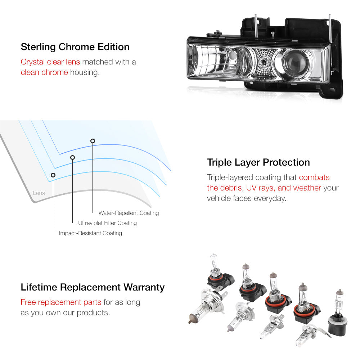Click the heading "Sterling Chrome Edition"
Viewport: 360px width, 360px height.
tap(75, 47)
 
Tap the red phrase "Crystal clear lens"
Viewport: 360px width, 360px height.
tap(50, 62)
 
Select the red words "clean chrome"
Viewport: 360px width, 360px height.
tap(44, 72)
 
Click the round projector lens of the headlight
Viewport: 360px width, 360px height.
tap(295, 62)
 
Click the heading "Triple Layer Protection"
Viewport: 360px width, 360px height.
tap(258, 162)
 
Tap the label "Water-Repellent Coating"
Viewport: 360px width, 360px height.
tap(129, 213)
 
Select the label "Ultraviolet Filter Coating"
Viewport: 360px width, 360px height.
tap(107, 223)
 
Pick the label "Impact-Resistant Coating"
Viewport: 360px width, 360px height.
tap(90, 233)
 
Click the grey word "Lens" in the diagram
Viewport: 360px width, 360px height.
tap(39, 193)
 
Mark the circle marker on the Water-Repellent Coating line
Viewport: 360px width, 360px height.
tap(93, 141)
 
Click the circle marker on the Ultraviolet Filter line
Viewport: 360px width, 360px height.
tap(73, 158)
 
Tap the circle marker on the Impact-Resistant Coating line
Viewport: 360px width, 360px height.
tap(53, 175)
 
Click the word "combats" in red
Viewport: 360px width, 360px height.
tap(314, 177)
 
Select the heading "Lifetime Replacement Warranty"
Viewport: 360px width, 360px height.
tap(93, 287)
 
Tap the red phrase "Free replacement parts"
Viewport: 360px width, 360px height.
tap(61, 302)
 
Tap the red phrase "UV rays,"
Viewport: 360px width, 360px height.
tap(261, 188)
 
